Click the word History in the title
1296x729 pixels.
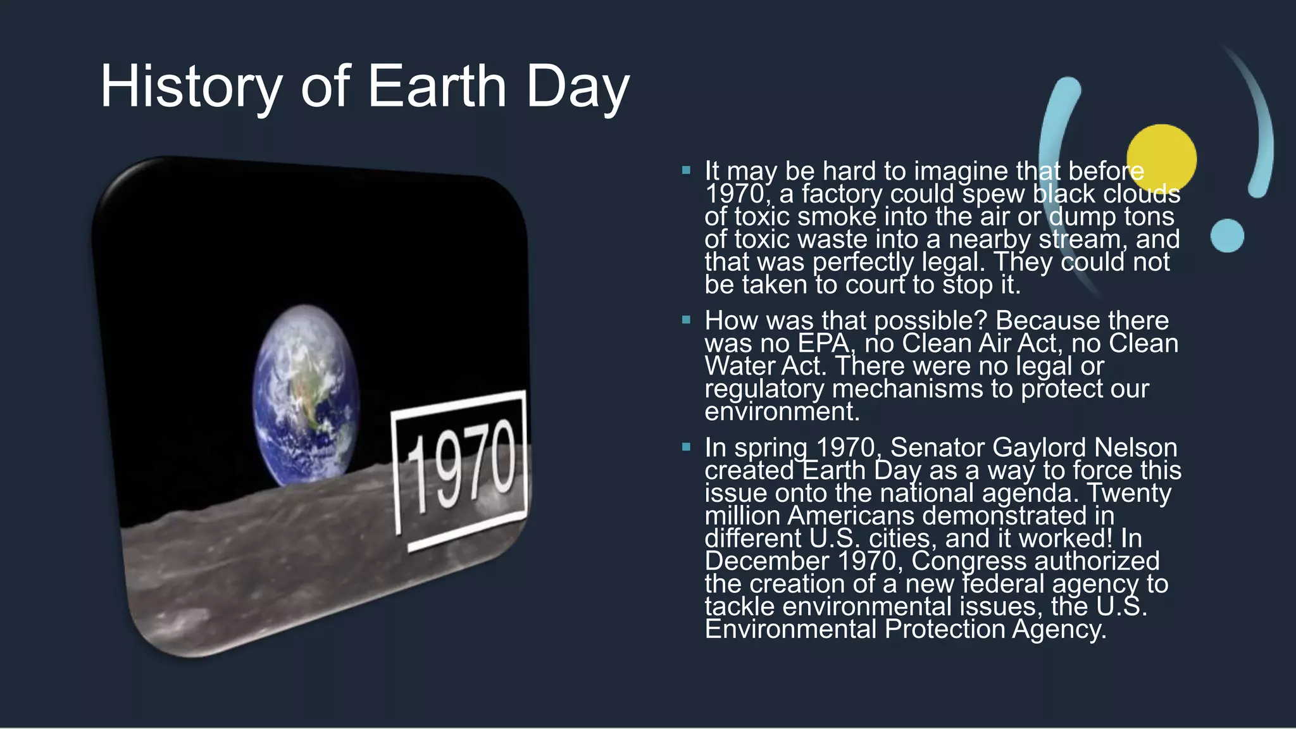[190, 87]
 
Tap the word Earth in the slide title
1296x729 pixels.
[437, 87]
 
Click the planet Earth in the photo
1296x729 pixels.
[305, 392]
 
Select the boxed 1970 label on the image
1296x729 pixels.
[461, 468]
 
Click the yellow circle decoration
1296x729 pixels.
[1161, 159]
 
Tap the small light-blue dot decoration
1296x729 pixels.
[1227, 235]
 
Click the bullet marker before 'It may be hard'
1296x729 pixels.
[686, 170]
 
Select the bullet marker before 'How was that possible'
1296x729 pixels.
[686, 320]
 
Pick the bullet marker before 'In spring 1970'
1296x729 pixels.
[686, 447]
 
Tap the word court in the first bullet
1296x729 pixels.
[876, 285]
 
